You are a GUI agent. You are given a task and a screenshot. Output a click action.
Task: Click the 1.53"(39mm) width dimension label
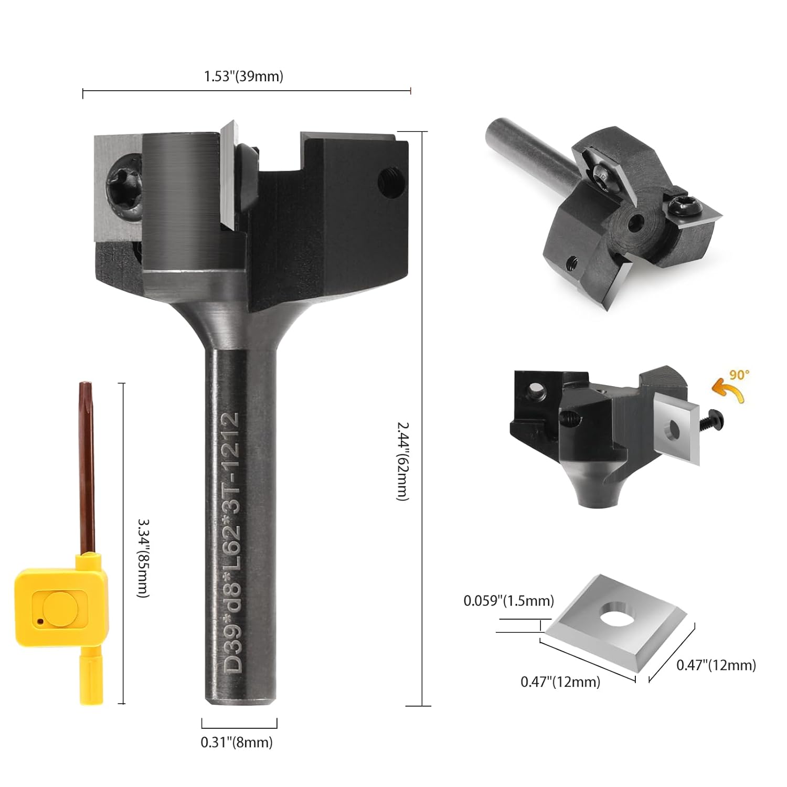(x=243, y=76)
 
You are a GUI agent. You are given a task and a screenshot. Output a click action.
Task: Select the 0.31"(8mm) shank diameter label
(x=237, y=742)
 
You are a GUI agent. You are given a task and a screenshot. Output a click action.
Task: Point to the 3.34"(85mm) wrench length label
(x=143, y=558)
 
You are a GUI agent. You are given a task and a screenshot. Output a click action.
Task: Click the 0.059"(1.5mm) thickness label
(x=508, y=600)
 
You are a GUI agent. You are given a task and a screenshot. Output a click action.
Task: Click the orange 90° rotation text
(x=740, y=375)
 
